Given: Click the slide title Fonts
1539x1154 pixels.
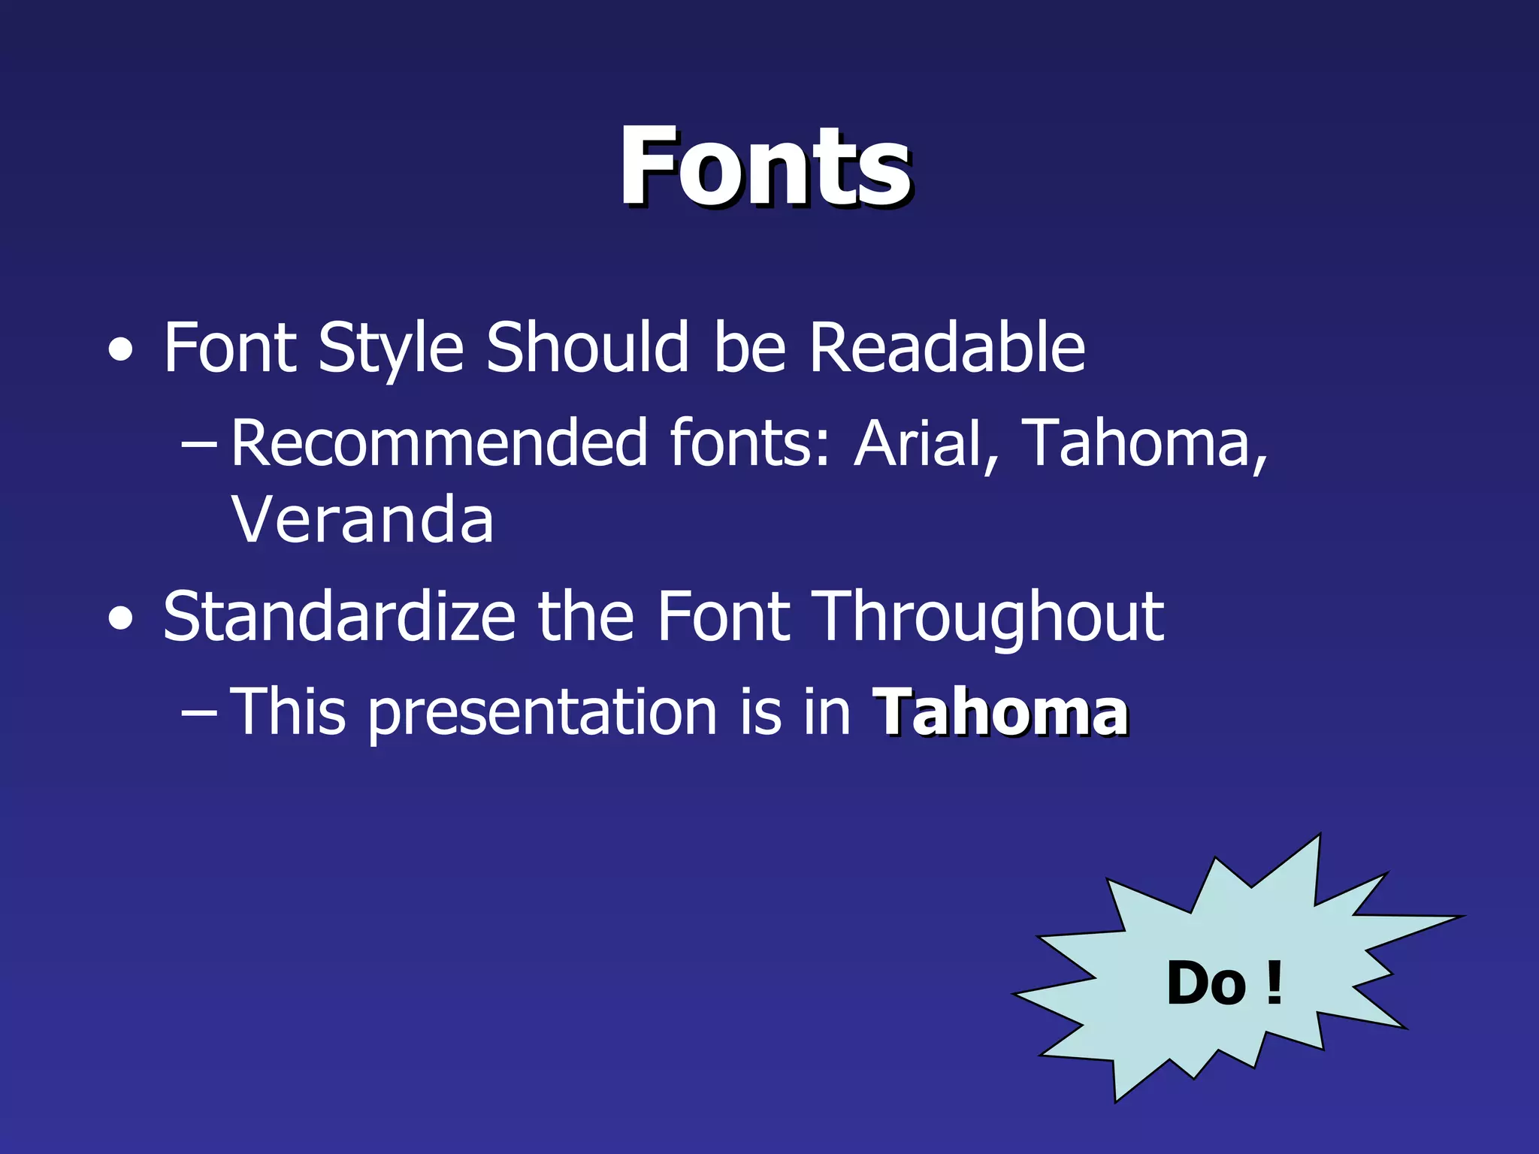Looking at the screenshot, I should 764,167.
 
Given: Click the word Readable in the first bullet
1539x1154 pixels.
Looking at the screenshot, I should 947,348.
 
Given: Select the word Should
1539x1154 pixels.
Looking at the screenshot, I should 587,348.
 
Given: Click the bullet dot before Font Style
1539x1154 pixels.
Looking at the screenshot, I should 121,350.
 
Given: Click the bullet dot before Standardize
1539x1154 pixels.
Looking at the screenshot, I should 121,619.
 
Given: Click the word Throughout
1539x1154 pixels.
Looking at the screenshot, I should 990,617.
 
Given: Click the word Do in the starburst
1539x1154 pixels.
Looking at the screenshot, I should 1207,983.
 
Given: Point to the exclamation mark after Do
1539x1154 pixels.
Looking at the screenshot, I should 1273,983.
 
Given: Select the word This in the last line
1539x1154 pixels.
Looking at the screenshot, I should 289,712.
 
